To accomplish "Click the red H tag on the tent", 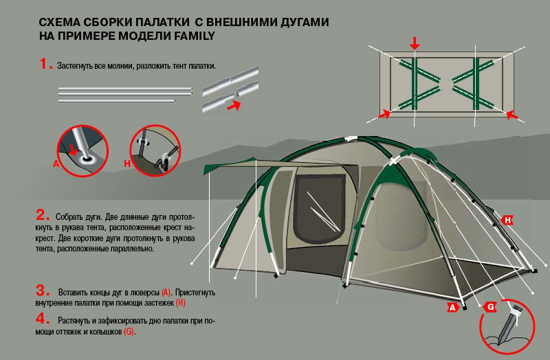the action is click(507, 220).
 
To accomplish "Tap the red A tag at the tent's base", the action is click(453, 307).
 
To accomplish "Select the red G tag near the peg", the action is click(490, 307).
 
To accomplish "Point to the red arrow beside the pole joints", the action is click(234, 106).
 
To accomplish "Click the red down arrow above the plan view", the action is click(415, 44).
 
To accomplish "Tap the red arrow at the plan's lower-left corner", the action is click(384, 114).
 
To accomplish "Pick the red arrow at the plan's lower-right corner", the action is click(512, 115).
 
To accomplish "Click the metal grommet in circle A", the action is click(87, 159).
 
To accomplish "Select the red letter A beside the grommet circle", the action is click(56, 164).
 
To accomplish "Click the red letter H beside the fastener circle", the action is click(127, 164).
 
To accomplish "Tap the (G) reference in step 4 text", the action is click(129, 331).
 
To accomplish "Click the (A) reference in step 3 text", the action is click(166, 292).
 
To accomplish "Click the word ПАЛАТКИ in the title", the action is click(162, 22).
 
